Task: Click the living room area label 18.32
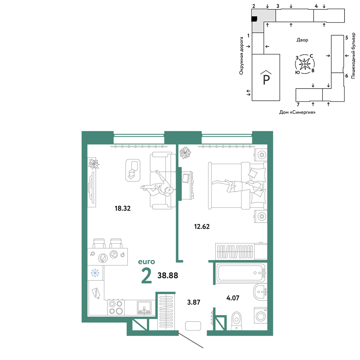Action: click(x=123, y=208)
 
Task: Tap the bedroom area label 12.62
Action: click(x=202, y=226)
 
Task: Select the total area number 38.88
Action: click(x=168, y=275)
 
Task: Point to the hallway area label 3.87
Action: click(x=194, y=302)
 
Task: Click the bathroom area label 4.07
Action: click(x=233, y=298)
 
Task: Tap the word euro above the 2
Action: click(x=147, y=262)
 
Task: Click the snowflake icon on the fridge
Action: click(x=95, y=273)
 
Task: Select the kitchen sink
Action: click(x=144, y=308)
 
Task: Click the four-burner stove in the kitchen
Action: click(x=116, y=307)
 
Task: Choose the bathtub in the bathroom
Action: click(x=241, y=273)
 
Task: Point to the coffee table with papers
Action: click(x=133, y=170)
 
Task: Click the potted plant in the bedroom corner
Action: click(x=185, y=153)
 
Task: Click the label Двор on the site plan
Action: click(x=302, y=40)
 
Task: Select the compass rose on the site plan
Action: click(x=305, y=64)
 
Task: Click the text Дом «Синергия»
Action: click(x=297, y=112)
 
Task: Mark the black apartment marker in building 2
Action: click(x=254, y=19)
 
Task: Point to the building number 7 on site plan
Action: click(x=298, y=105)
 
